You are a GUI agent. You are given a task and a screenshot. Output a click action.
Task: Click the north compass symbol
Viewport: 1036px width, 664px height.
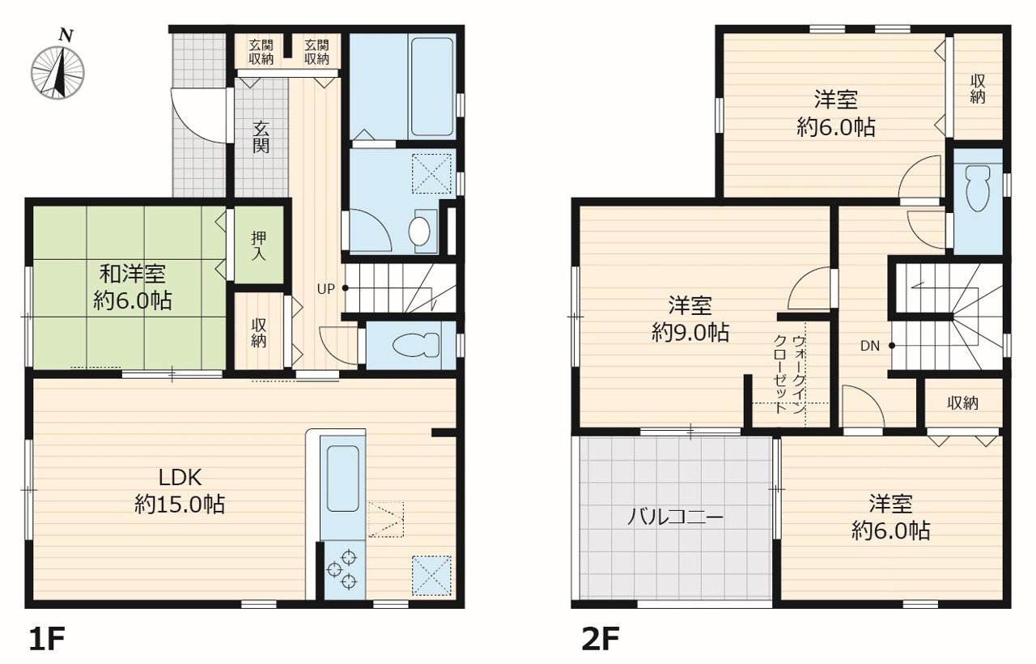click(x=57, y=66)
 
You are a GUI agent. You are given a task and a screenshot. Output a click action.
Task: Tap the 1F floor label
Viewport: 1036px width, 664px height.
click(x=47, y=639)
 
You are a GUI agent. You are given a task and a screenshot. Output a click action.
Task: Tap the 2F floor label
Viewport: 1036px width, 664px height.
click(x=601, y=639)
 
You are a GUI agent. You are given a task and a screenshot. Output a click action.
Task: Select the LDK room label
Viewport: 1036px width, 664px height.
click(x=180, y=478)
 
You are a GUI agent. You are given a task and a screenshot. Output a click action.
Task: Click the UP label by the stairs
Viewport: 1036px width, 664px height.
click(x=325, y=289)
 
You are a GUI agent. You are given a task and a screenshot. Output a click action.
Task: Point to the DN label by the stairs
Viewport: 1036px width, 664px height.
click(x=870, y=346)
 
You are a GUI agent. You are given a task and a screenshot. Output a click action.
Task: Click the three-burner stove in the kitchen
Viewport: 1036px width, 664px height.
click(x=342, y=569)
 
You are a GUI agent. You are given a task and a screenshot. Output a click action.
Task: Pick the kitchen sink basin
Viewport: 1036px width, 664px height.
click(x=342, y=479)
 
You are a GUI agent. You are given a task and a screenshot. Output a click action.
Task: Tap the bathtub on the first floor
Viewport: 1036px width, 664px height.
click(x=431, y=86)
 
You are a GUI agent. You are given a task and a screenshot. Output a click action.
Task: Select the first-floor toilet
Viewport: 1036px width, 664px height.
click(x=415, y=345)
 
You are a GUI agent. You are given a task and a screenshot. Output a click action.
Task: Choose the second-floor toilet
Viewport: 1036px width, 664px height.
click(x=977, y=188)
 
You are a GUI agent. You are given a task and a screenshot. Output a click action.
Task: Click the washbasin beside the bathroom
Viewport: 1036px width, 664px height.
click(x=419, y=232)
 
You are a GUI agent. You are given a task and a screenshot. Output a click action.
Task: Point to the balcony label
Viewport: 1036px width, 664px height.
click(x=675, y=517)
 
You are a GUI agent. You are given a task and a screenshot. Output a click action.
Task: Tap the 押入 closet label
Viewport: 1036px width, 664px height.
click(x=258, y=245)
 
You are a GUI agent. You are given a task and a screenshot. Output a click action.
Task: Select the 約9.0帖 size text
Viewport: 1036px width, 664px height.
click(x=690, y=332)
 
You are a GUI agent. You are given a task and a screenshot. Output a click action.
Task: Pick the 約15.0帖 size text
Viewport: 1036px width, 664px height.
click(x=180, y=504)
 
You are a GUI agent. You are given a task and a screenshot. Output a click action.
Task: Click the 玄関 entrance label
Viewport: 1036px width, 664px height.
click(x=261, y=137)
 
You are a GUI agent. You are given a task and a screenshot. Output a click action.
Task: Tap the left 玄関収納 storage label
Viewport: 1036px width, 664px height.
click(x=261, y=53)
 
